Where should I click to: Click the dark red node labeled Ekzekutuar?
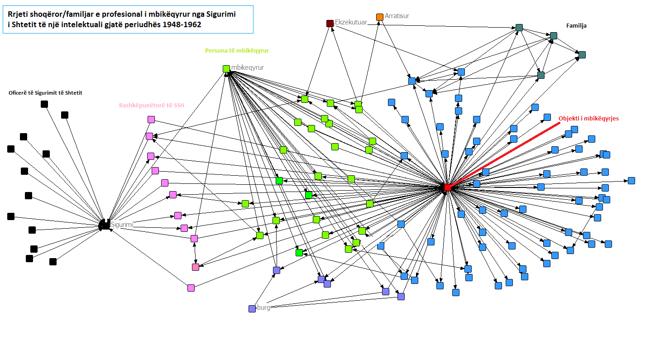pos(330,23)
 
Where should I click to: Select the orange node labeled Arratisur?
pos(380,17)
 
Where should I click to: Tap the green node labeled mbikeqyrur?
pos(226,69)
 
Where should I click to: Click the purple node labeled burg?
pos(252,309)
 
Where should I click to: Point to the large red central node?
pos(447,187)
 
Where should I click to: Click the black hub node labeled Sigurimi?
pos(105,225)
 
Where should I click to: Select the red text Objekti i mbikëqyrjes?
pos(588,118)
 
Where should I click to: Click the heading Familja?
pos(576,26)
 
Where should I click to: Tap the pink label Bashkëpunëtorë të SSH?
pos(152,105)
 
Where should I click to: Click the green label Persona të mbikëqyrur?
pos(237,51)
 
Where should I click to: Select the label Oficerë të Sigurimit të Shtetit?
pos(45,93)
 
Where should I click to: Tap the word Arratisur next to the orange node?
pos(397,16)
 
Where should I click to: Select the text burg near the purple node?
pos(263,308)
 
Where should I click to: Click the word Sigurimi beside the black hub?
pos(122,224)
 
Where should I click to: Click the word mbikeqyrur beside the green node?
pos(248,67)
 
